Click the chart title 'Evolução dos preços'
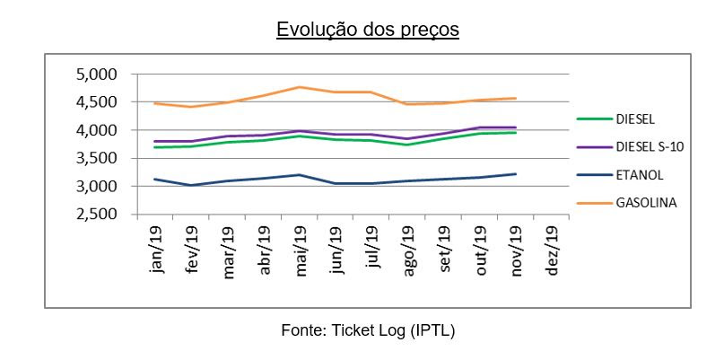[x=368, y=30]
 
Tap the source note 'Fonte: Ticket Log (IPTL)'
[x=368, y=330]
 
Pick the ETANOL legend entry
[x=640, y=174]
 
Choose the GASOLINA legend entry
[x=646, y=203]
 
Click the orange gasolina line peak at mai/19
[x=300, y=87]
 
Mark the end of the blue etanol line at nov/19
[x=515, y=174]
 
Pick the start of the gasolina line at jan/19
[x=157, y=103]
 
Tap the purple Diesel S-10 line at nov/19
[x=515, y=127]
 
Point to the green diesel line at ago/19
[x=407, y=145]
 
